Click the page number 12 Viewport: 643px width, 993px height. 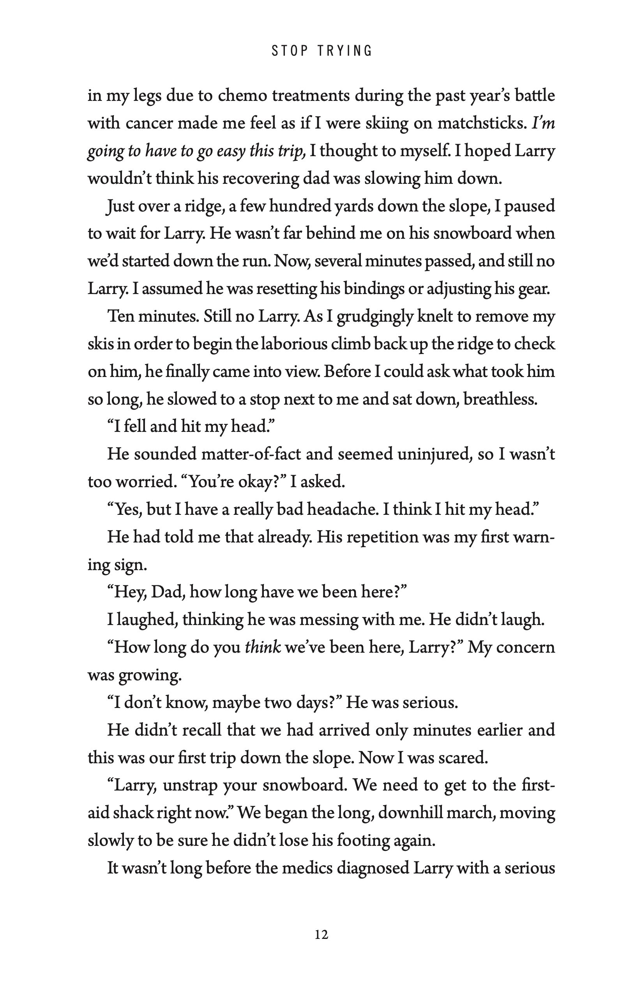[x=321, y=935]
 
